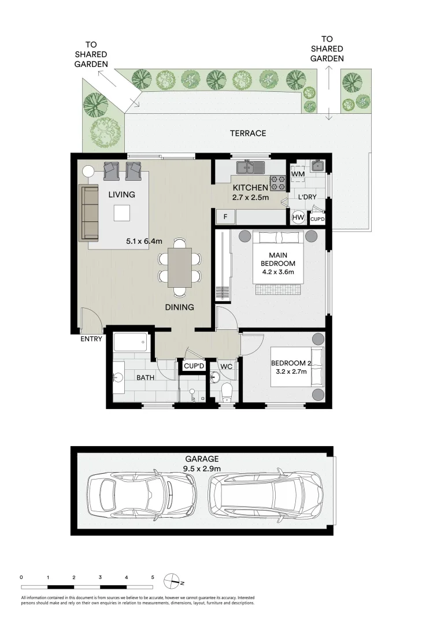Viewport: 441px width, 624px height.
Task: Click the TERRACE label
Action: (x=248, y=133)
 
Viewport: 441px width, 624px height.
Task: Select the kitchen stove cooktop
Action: (x=277, y=183)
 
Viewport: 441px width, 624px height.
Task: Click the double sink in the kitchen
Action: (x=249, y=168)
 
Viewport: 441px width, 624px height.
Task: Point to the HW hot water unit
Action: (x=298, y=217)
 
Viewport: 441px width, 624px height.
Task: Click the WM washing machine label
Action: (x=298, y=174)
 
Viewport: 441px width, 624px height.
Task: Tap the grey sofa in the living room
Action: (x=89, y=212)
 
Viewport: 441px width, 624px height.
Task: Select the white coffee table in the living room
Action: (x=123, y=213)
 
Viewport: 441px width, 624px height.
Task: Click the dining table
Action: (x=180, y=267)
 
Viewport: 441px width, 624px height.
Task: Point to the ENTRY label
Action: (x=92, y=339)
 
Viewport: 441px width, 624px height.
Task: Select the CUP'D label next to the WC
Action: (x=194, y=366)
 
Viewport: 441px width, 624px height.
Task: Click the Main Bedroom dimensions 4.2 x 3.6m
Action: (x=279, y=272)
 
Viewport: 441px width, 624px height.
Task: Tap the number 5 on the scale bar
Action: (x=153, y=577)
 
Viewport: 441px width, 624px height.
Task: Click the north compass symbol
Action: (x=172, y=580)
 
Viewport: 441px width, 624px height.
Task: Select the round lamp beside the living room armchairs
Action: (x=88, y=171)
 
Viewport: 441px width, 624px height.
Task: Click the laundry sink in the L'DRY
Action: (x=317, y=165)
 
